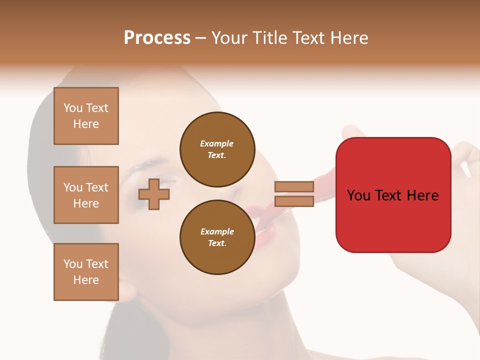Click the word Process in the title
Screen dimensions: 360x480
click(x=157, y=38)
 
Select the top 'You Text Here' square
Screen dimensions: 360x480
click(x=86, y=116)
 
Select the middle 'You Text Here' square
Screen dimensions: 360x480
click(x=86, y=195)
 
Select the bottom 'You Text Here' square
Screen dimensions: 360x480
click(x=86, y=272)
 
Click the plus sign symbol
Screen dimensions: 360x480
click(x=154, y=193)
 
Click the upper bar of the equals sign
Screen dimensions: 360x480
click(x=294, y=187)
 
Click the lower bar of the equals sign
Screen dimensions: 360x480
click(x=294, y=201)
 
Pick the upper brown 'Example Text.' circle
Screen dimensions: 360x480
click(x=217, y=149)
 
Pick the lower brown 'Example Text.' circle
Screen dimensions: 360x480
click(x=217, y=237)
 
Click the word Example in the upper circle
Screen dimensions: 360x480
click(x=217, y=143)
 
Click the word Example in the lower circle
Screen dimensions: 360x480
click(x=217, y=231)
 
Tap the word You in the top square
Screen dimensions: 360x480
click(x=73, y=108)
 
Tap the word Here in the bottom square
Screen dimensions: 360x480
click(x=86, y=280)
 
